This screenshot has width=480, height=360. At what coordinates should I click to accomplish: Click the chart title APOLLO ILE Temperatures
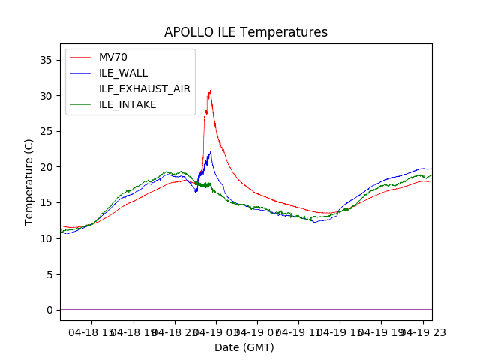coord(246,32)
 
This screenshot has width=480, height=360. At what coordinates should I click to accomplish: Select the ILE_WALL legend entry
coord(123,73)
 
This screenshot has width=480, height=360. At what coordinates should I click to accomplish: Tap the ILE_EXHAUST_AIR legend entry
coord(144,88)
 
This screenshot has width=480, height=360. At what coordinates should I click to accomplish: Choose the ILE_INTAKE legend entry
coord(127,104)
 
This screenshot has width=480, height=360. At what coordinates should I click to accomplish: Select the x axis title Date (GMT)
coord(244,347)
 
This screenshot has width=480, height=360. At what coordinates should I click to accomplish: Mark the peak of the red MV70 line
coord(210,91)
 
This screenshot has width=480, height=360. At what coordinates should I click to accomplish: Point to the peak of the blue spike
coord(211,152)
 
